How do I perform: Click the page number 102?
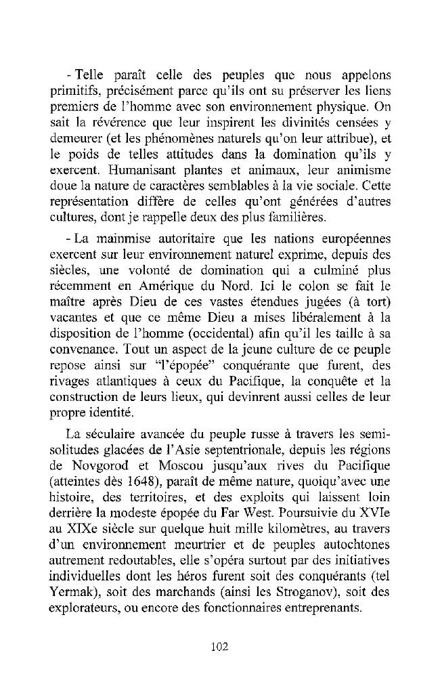tap(219, 646)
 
